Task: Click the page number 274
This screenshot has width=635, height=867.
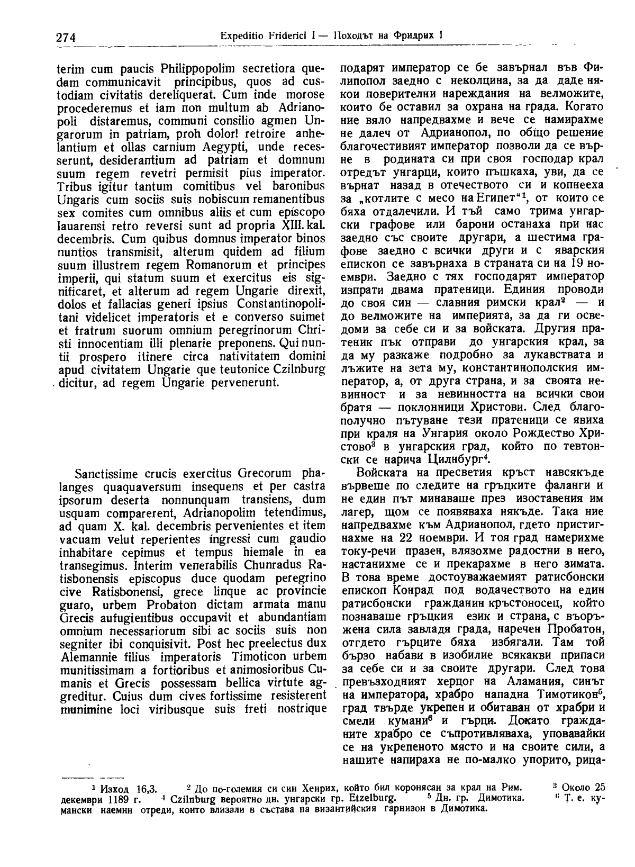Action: point(66,37)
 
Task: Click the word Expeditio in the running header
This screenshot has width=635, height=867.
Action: point(239,36)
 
